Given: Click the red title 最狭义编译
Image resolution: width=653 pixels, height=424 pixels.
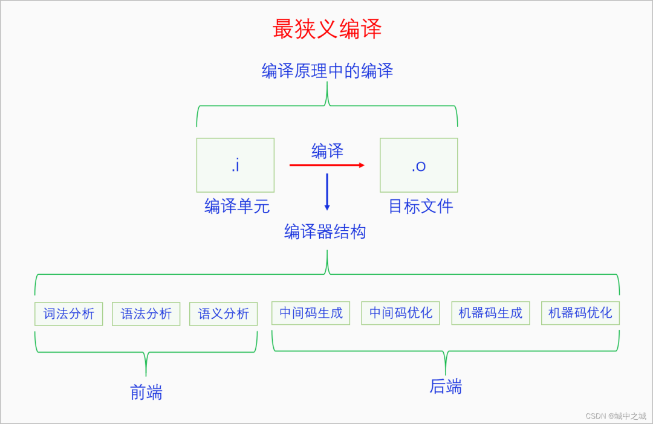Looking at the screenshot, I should click(327, 29).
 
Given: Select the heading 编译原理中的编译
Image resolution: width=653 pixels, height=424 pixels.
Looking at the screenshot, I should click(327, 71).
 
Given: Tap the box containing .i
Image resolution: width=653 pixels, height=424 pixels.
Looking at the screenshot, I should click(235, 165).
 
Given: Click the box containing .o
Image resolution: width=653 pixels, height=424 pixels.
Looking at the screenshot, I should click(418, 165).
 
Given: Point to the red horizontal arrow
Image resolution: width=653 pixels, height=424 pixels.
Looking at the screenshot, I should click(326, 165).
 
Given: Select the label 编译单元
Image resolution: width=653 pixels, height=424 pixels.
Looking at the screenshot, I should click(237, 207).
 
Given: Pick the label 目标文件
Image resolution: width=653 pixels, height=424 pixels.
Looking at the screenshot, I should click(420, 207).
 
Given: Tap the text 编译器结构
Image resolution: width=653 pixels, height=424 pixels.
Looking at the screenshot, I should click(325, 232).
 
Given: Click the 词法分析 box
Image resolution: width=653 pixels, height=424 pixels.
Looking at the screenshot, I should click(69, 313).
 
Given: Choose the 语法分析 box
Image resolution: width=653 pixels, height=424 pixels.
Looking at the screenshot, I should click(146, 313).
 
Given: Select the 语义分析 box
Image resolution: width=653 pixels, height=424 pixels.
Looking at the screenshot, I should click(224, 313).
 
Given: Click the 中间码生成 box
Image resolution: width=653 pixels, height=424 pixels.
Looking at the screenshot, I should click(311, 313).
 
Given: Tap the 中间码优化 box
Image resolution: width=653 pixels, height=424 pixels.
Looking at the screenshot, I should click(400, 313).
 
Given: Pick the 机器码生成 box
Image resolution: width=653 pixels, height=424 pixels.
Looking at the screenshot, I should click(490, 313).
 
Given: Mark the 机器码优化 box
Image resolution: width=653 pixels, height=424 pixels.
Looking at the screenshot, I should click(580, 313).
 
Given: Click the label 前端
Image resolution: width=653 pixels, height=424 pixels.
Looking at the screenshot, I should click(146, 393).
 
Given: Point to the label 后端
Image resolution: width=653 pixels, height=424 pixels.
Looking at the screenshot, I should click(446, 387).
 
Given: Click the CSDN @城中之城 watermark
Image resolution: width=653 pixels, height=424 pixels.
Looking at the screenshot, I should click(616, 416).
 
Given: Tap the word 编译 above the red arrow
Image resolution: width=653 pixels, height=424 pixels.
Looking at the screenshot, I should click(327, 151).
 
